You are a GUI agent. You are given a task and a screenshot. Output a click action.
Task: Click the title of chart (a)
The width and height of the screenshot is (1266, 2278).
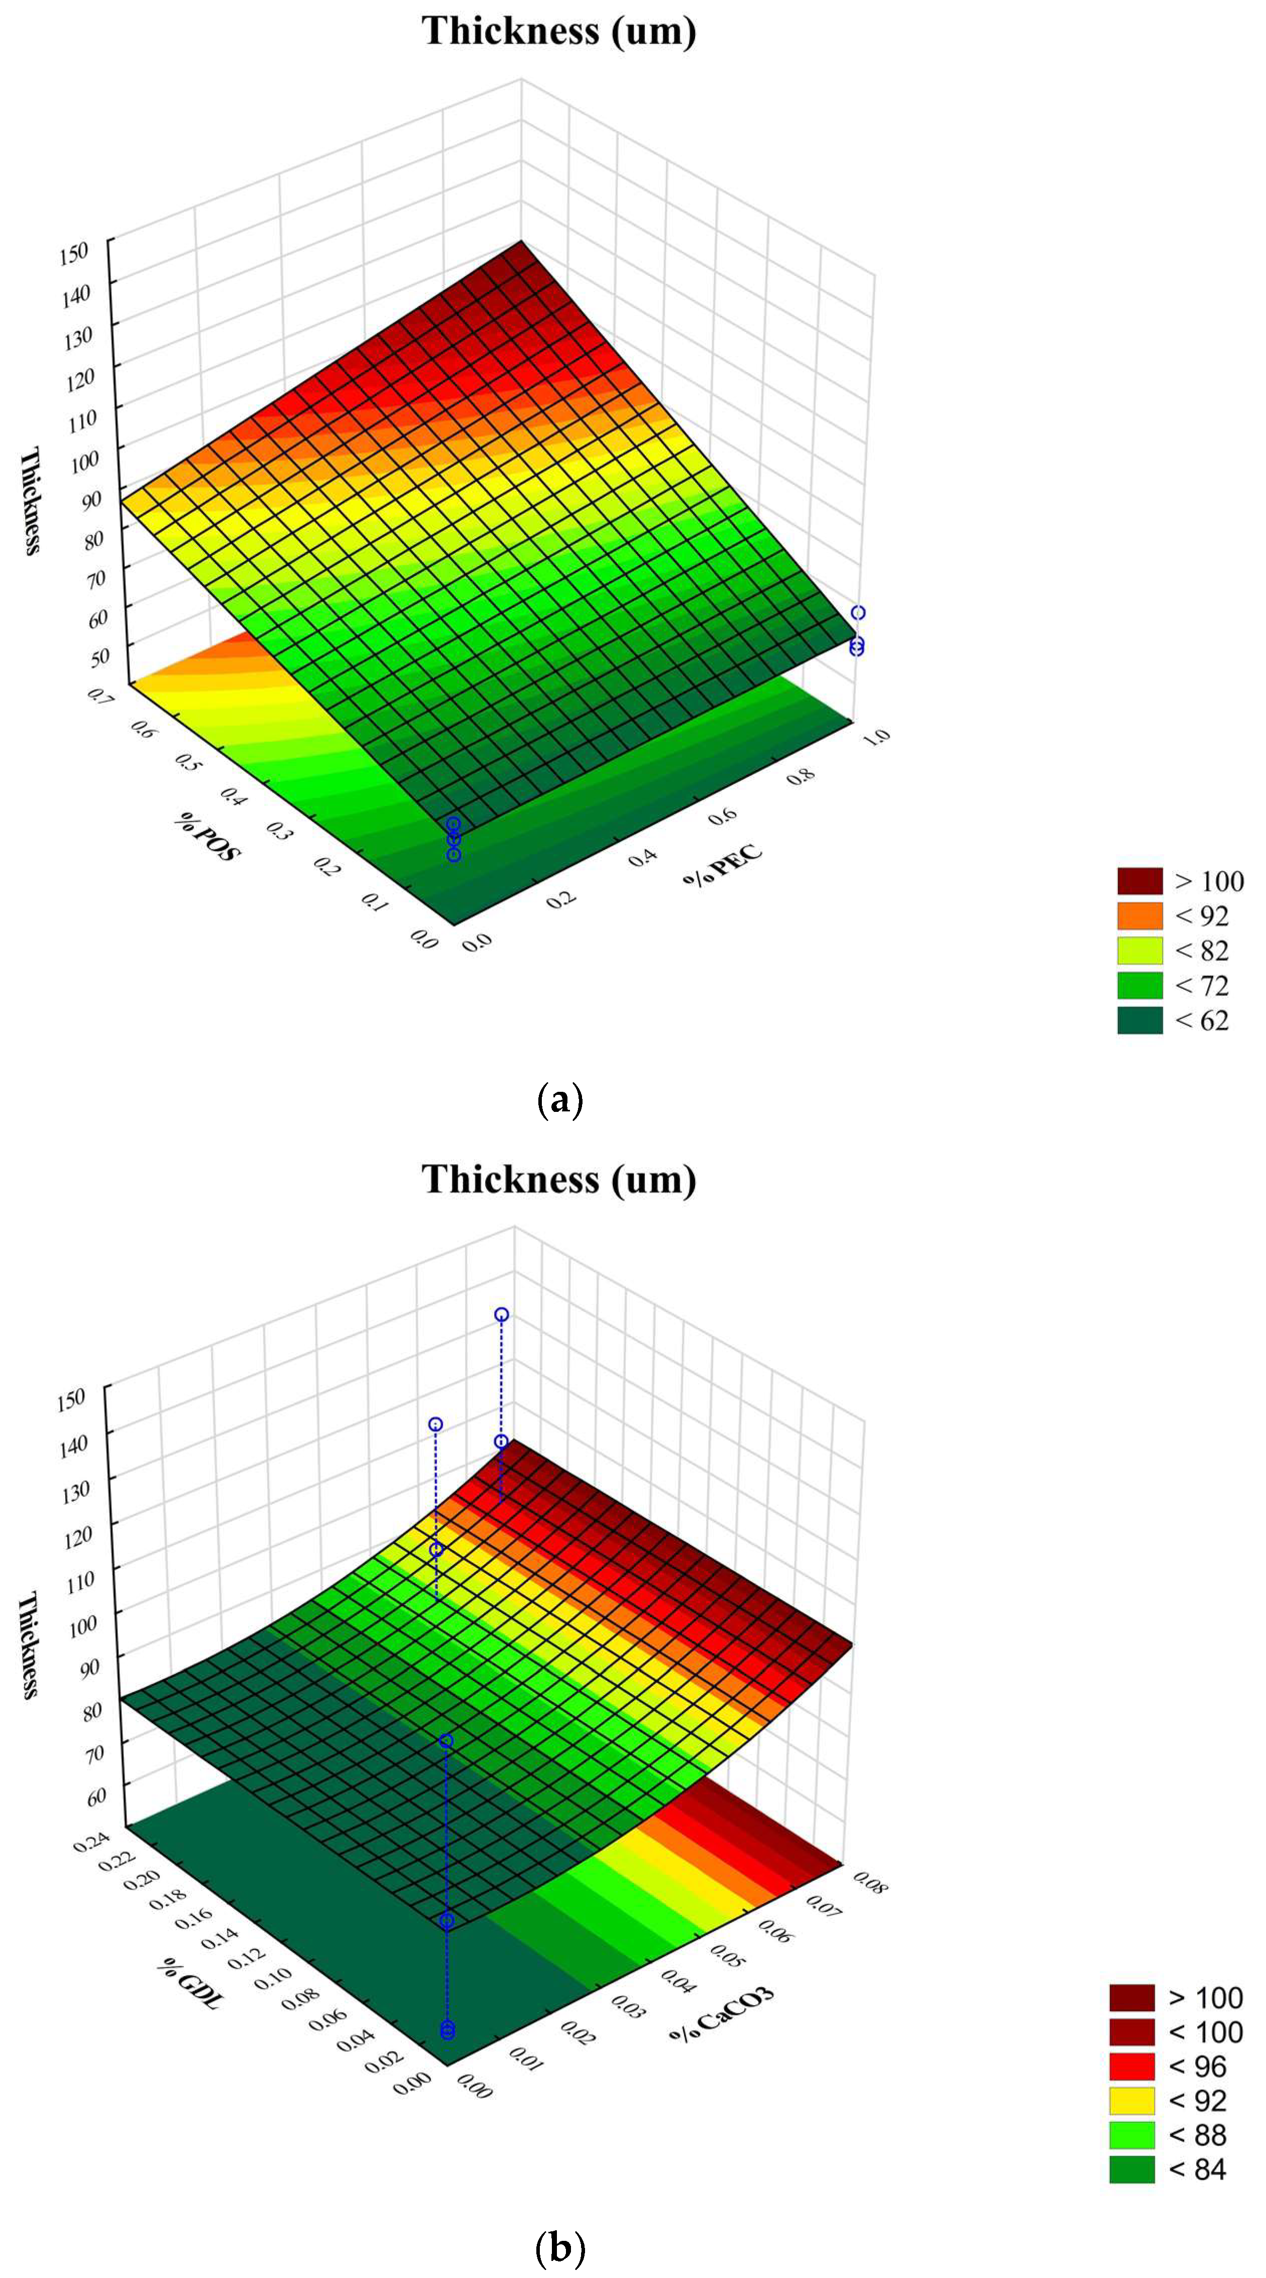click(x=559, y=31)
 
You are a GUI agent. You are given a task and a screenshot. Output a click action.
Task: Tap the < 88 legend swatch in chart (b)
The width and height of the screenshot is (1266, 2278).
click(x=1131, y=2135)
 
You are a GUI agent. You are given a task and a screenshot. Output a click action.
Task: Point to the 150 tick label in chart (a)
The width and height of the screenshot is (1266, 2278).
click(x=75, y=252)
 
